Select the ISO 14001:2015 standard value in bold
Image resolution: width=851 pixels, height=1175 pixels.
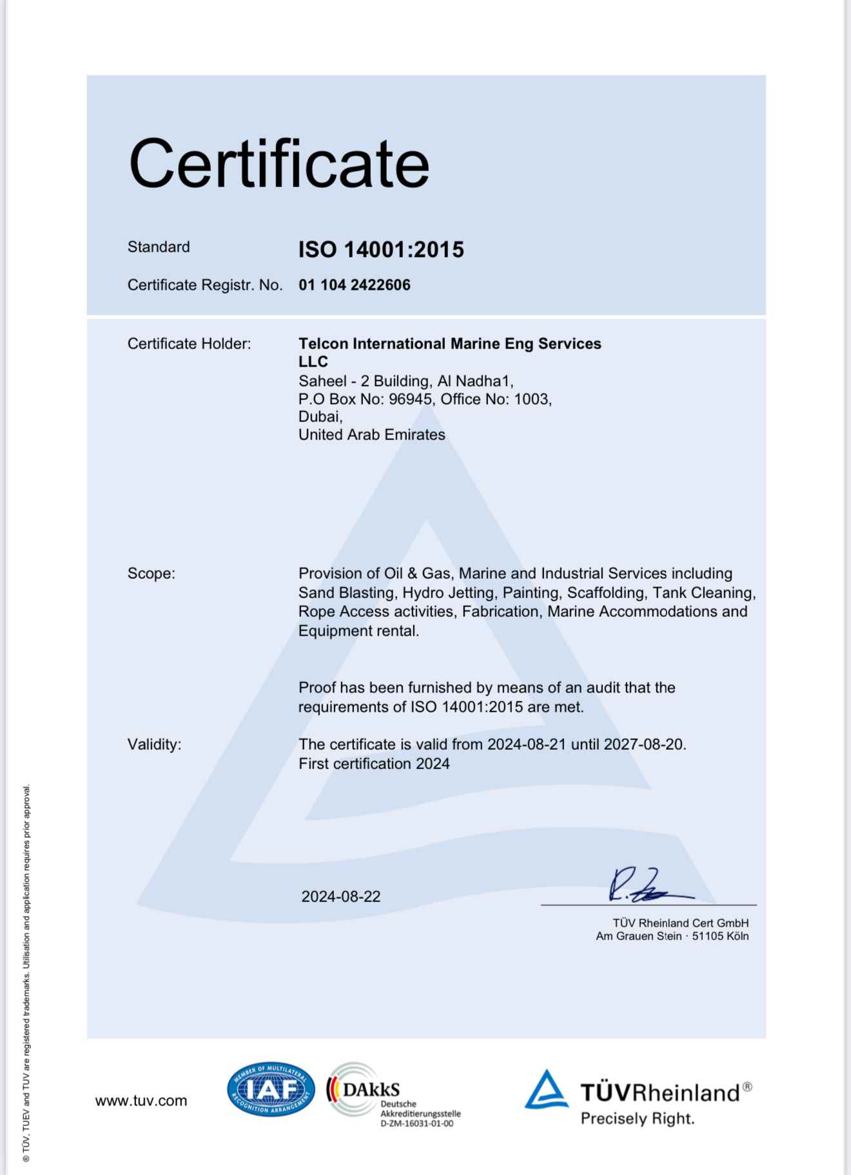pyautogui.click(x=380, y=250)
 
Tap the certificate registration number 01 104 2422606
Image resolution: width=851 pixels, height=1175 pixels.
pyautogui.click(x=354, y=285)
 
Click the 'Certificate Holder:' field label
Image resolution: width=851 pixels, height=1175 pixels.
pyautogui.click(x=189, y=344)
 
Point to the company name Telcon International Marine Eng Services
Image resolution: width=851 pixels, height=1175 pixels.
pyautogui.click(x=449, y=344)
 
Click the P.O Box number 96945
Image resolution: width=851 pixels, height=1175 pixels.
pyautogui.click(x=410, y=399)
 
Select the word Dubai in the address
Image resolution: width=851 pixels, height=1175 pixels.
pyautogui.click(x=319, y=417)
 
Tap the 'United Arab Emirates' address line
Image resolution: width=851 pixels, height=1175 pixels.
pyautogui.click(x=371, y=435)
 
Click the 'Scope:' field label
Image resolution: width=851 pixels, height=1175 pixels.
pyautogui.click(x=151, y=574)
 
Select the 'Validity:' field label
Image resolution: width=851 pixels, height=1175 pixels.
pyautogui.click(x=154, y=745)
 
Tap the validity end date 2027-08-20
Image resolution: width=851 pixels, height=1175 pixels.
pyautogui.click(x=643, y=745)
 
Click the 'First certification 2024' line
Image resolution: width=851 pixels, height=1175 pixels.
pyautogui.click(x=374, y=764)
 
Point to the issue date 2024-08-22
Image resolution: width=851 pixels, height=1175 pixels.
pyautogui.click(x=340, y=897)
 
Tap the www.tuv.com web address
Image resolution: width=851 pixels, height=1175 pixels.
pyautogui.click(x=141, y=1101)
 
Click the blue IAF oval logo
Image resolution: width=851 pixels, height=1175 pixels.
pyautogui.click(x=271, y=1090)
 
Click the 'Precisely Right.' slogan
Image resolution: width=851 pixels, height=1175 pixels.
pyautogui.click(x=637, y=1118)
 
